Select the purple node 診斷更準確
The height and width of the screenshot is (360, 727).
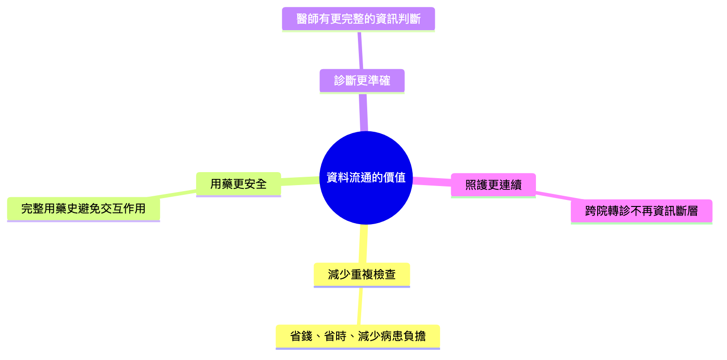click(x=362, y=81)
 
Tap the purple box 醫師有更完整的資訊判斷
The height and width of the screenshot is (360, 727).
click(x=358, y=19)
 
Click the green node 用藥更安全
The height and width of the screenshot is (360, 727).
click(x=238, y=184)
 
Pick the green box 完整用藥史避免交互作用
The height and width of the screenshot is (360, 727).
click(x=83, y=209)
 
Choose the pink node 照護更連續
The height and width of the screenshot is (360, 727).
click(x=493, y=185)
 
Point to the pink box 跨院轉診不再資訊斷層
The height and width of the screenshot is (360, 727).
click(x=641, y=212)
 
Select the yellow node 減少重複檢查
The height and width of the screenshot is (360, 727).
click(x=362, y=274)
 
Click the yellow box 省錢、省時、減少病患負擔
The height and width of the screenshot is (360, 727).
click(x=357, y=336)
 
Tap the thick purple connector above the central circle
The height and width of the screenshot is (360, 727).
click(x=363, y=112)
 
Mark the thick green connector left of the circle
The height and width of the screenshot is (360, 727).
click(x=300, y=180)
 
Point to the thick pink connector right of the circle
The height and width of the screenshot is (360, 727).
click(x=431, y=181)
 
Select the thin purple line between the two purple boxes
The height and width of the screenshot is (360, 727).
click(x=360, y=50)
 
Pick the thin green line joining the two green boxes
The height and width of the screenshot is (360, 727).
click(x=178, y=193)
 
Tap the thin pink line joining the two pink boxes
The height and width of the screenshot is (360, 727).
click(x=553, y=195)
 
